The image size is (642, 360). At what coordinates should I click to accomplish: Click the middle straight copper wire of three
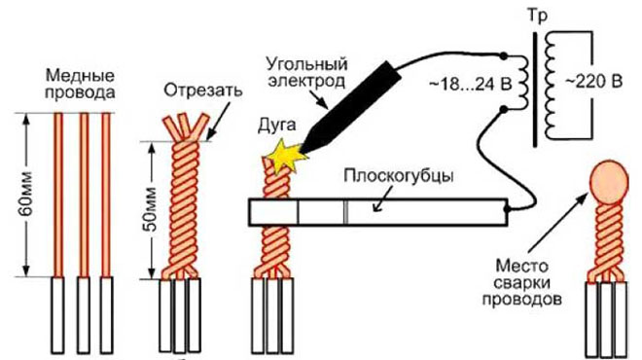(84, 195)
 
